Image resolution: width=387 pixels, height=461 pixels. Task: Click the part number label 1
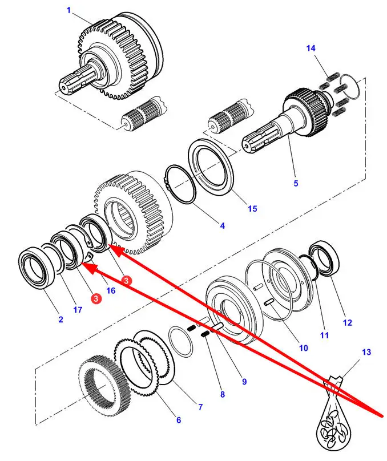tap(68, 10)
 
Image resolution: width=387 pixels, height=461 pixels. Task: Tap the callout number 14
tap(311, 49)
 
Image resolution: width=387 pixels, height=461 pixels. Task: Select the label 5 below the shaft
tap(296, 183)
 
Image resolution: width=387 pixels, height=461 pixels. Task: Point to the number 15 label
tap(252, 209)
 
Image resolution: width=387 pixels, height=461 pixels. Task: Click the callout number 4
tap(222, 226)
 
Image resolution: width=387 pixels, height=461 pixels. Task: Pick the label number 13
tap(366, 353)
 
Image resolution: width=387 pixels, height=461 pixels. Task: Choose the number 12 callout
tap(347, 323)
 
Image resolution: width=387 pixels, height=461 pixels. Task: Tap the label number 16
tap(110, 290)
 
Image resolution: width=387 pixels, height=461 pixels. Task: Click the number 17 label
tap(78, 310)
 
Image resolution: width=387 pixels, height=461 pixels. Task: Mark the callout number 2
tap(61, 320)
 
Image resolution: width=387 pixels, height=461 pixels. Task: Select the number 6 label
tap(178, 420)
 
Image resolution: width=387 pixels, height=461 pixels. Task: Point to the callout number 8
tap(222, 394)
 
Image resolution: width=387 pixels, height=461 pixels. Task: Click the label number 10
tap(303, 347)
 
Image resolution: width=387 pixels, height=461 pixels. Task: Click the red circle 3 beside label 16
tap(127, 281)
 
